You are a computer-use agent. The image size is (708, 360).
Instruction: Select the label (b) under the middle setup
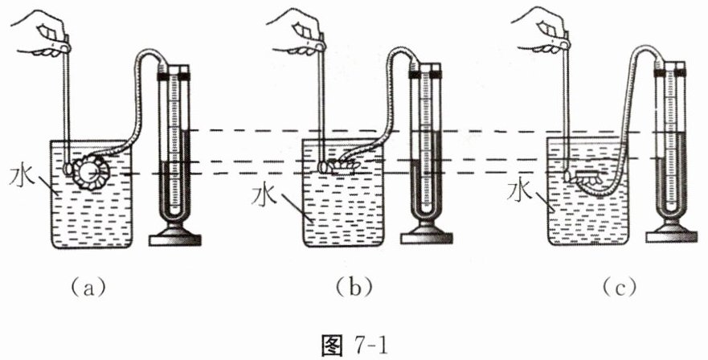coord(354,285)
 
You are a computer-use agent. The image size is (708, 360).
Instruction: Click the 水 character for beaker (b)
coord(264,195)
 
